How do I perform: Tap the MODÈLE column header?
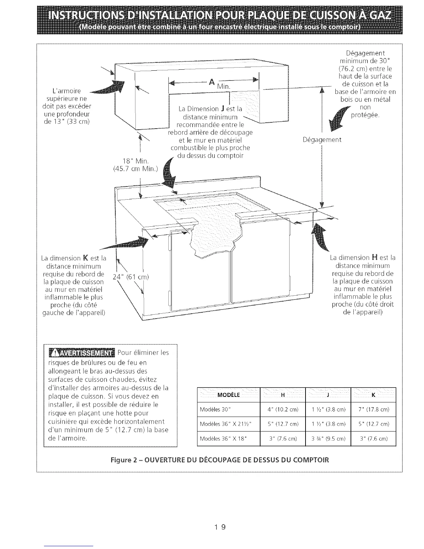point(228,395)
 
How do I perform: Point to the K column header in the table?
point(373,395)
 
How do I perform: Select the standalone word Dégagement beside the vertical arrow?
point(322,140)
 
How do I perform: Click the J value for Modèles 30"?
point(328,410)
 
